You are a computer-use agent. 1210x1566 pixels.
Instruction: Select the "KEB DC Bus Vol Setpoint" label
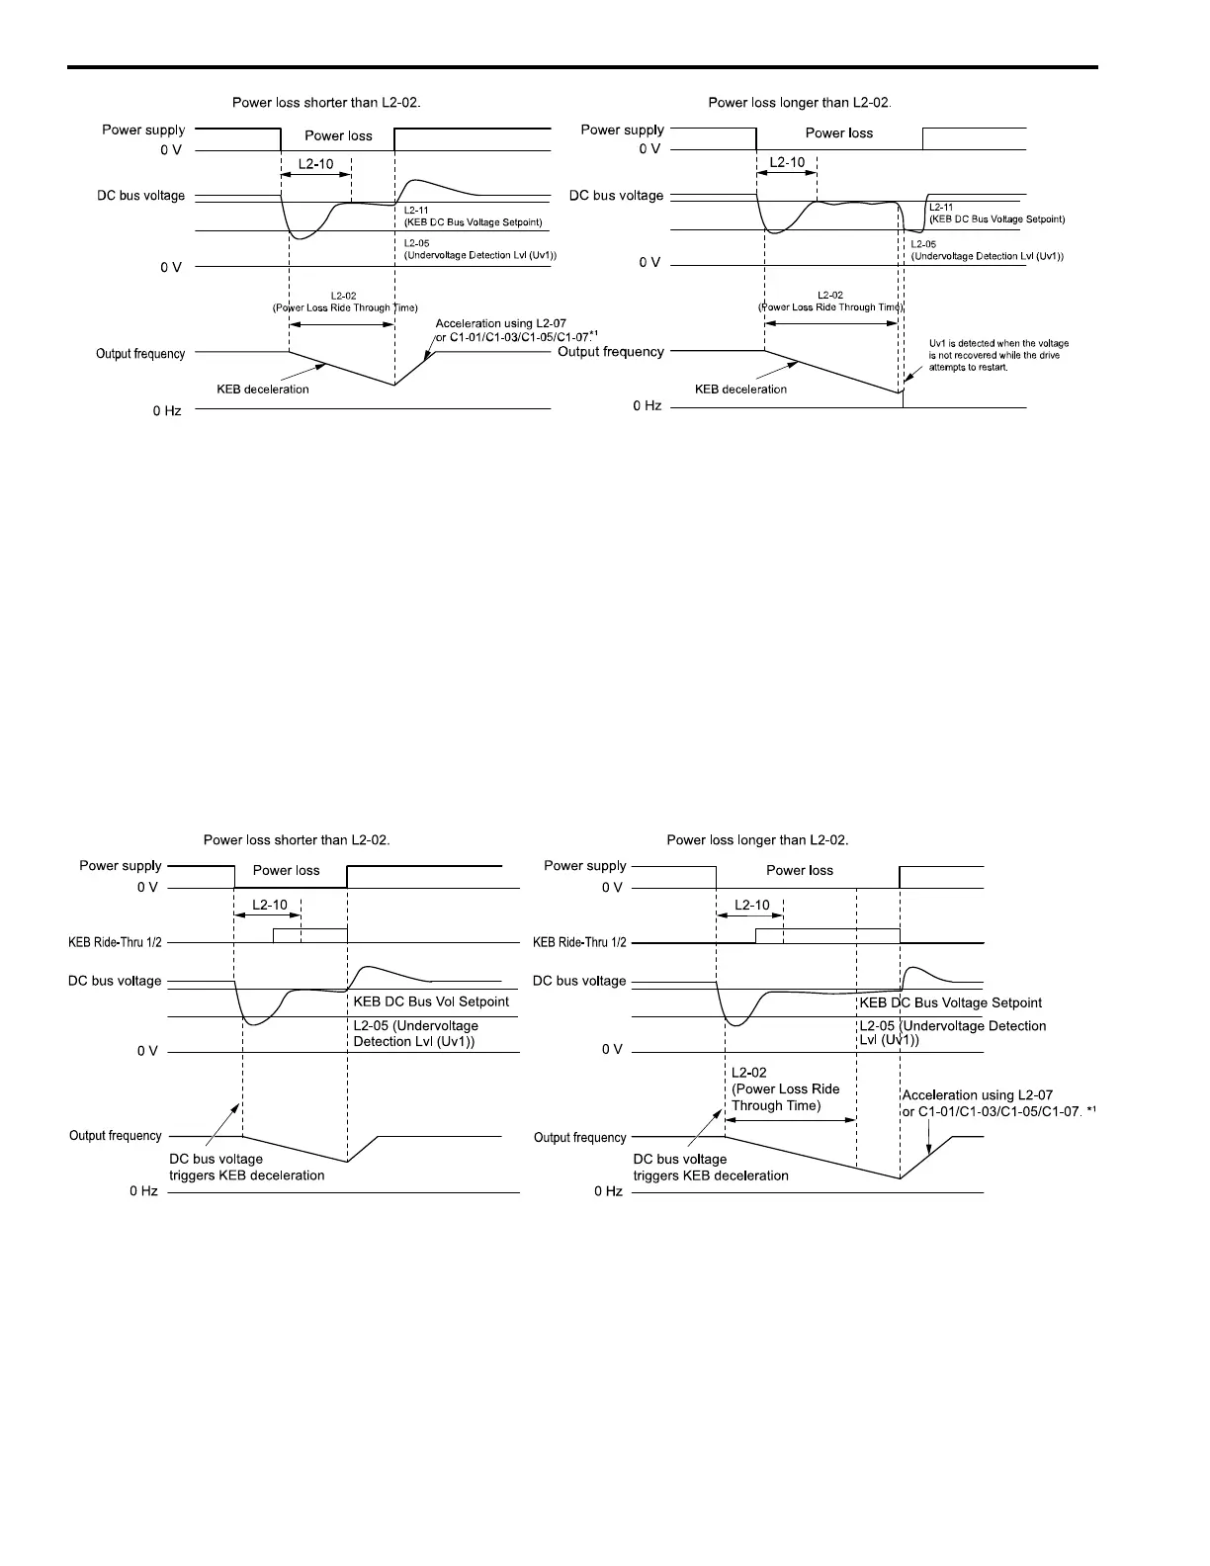pyautogui.click(x=431, y=1001)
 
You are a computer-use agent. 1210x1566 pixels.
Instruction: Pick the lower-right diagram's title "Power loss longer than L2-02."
pyautogui.click(x=757, y=840)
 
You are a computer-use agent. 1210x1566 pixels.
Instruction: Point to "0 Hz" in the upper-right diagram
pyautogui.click(x=648, y=406)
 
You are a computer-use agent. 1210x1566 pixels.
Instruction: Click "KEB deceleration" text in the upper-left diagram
pyautogui.click(x=263, y=390)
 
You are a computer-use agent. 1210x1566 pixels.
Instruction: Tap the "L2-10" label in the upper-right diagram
pyautogui.click(x=786, y=162)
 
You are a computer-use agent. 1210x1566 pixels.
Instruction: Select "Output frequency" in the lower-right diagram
pyautogui.click(x=579, y=1138)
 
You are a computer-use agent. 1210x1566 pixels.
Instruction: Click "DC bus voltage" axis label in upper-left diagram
pyautogui.click(x=140, y=196)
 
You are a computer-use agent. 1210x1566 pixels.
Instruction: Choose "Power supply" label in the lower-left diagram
pyautogui.click(x=120, y=866)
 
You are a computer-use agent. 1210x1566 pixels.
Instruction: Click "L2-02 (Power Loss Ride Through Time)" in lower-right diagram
pyautogui.click(x=785, y=1088)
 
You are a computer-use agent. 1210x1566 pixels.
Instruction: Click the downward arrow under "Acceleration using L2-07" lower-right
pyautogui.click(x=927, y=1136)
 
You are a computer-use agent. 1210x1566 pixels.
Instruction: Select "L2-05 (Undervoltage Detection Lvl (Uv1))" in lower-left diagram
pyautogui.click(x=415, y=1034)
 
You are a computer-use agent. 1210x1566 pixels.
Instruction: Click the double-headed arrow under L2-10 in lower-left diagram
pyautogui.click(x=267, y=916)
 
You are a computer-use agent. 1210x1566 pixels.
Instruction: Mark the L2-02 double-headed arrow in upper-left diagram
pyautogui.click(x=341, y=323)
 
